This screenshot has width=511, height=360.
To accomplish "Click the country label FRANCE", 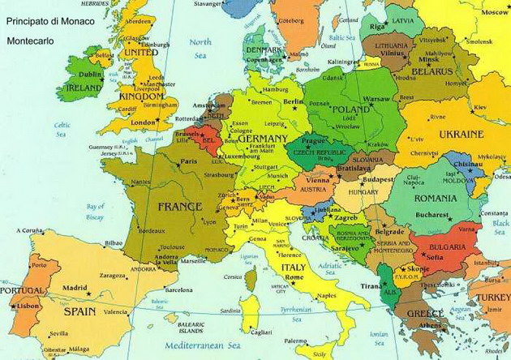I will coord(179,206).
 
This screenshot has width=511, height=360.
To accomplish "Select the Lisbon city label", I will coord(28,306).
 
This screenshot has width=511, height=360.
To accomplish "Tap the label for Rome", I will coord(294,277).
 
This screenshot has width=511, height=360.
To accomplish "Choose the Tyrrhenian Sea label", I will coord(316,312).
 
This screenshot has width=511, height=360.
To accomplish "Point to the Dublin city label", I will coord(91,74).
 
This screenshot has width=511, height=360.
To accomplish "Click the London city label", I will coord(143,122).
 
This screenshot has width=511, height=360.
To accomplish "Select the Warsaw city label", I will coord(377,97).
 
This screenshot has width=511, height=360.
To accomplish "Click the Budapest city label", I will coord(378,178).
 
